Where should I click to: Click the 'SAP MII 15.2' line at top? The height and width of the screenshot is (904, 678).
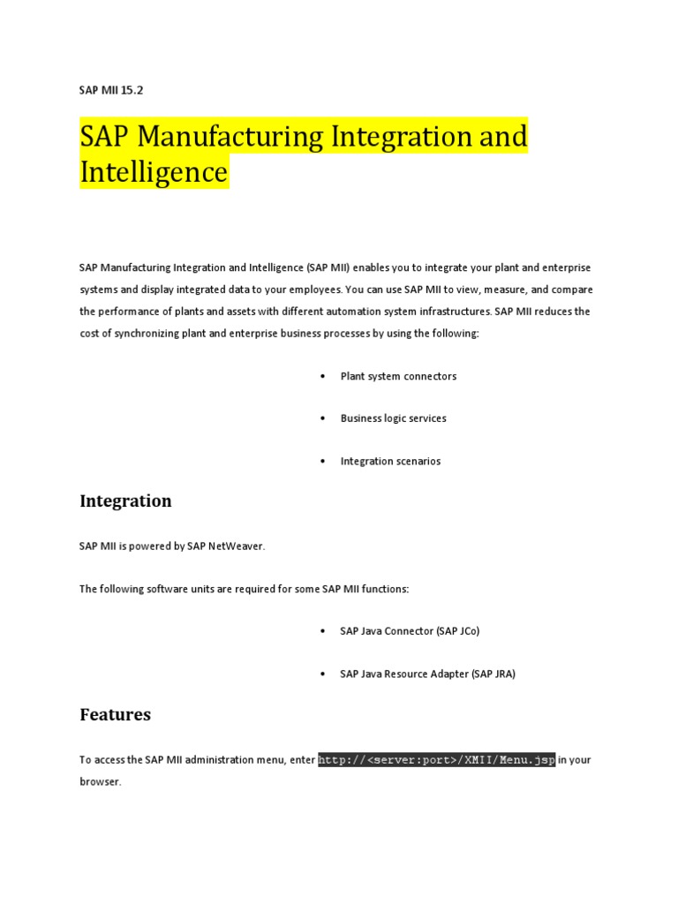[x=111, y=90]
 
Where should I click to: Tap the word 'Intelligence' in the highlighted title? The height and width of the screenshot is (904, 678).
[x=154, y=171]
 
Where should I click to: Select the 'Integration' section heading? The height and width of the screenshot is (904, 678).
[x=125, y=501]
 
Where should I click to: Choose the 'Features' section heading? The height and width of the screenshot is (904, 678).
[x=115, y=715]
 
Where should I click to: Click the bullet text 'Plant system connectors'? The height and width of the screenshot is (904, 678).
[x=398, y=376]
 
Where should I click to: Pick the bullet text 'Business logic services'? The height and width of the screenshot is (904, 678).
[x=393, y=418]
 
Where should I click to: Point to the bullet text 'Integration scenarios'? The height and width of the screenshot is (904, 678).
[x=390, y=461]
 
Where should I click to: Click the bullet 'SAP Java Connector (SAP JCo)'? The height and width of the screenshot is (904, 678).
[x=410, y=631]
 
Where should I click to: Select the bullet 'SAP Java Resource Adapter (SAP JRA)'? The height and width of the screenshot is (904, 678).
[x=427, y=674]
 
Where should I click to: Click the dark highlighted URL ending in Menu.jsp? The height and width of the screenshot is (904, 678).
[x=436, y=759]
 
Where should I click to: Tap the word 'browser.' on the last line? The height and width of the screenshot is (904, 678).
[x=100, y=782]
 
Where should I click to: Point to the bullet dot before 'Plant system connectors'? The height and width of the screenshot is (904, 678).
[x=322, y=376]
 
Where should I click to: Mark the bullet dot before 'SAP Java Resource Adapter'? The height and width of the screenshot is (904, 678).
[x=322, y=674]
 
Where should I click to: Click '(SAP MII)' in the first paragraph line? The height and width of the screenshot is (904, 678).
[x=328, y=267]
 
